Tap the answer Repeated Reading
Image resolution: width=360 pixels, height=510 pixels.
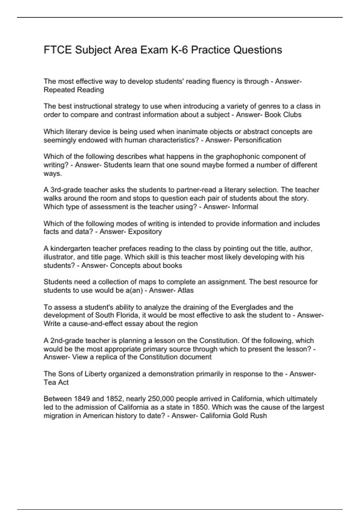coord(74,90)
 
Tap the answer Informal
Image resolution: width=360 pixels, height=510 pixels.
coord(245,207)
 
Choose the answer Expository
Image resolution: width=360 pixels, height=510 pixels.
coord(145,232)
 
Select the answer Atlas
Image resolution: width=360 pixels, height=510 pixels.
coord(186,290)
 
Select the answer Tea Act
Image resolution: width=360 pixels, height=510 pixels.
coord(56,382)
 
